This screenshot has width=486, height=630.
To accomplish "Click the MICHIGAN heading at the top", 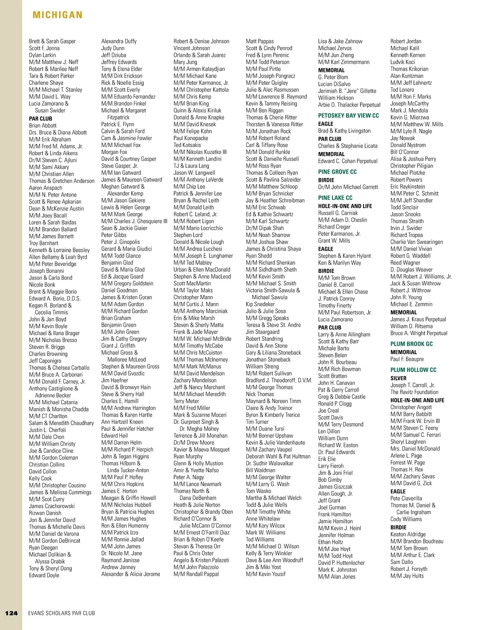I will [58, 15].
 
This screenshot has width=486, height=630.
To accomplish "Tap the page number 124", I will [11, 613].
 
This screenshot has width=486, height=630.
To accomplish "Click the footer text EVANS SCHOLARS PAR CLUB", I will [62, 613].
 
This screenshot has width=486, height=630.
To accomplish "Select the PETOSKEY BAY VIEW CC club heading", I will [348, 116].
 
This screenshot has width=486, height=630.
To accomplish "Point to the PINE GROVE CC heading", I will [337, 172].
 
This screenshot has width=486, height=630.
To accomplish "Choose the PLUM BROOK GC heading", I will [411, 344].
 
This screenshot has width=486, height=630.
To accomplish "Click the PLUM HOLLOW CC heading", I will [413, 370].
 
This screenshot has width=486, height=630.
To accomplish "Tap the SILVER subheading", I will [398, 378].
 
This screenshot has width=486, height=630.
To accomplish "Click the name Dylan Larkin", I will [42, 55].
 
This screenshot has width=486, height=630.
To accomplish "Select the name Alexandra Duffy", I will [119, 41].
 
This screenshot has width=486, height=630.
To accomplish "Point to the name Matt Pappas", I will [260, 41].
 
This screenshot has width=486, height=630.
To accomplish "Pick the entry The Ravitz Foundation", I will [414, 392].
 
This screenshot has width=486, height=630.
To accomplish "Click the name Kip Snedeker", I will [260, 304].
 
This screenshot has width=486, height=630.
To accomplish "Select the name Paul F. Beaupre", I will [407, 359].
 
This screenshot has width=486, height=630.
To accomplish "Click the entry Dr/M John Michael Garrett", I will [348, 187].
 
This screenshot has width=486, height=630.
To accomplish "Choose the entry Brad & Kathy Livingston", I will [344, 131].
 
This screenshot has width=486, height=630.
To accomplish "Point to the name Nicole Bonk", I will [42, 284].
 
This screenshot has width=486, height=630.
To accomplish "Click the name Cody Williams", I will [406, 519].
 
